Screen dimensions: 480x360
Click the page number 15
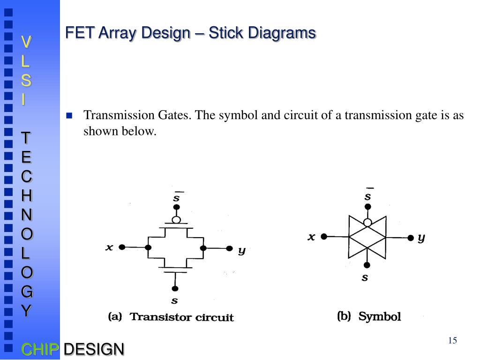point(452,341)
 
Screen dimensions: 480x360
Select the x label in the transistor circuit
point(109,247)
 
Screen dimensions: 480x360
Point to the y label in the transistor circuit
point(241,250)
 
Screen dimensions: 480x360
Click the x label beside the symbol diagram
point(311,237)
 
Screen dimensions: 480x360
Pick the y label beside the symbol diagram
point(421,238)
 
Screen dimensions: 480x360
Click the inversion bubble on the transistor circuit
point(176,219)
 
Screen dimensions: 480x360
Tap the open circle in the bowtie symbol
point(368,222)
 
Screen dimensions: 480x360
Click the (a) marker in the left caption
point(115,317)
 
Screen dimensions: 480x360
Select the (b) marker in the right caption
point(344,316)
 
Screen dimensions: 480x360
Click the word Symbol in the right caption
point(380,317)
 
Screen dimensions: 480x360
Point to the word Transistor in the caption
point(157,317)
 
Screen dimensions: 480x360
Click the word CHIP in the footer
point(40,349)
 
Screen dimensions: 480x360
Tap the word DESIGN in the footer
point(94,349)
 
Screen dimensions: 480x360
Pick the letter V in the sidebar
point(27,42)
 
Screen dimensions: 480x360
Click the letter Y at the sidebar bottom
point(27,310)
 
